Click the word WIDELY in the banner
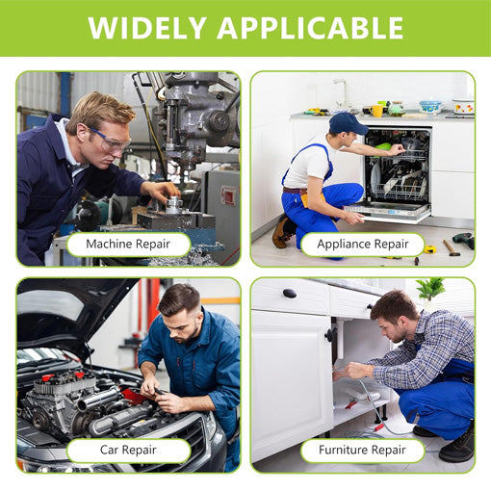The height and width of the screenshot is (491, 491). point(147,27)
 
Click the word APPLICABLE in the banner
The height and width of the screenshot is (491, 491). point(310,27)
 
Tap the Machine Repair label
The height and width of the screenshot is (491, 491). point(128,244)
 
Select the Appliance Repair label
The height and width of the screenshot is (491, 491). point(363,244)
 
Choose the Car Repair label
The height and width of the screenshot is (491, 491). point(128,450)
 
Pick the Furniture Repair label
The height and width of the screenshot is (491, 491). point(363,450)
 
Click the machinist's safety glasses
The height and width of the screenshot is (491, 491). point(111,141)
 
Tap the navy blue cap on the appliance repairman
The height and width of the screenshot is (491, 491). point(348,123)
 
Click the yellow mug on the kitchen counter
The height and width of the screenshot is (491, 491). point(376,111)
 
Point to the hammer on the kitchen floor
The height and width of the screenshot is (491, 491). point(452,247)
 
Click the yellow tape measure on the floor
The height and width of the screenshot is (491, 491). point(429,249)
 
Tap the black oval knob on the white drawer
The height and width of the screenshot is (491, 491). point(290,293)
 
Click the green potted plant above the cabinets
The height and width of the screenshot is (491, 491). point(430,289)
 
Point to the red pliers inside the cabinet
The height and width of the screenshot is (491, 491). point(352,403)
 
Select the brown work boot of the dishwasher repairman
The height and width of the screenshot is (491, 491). point(282,232)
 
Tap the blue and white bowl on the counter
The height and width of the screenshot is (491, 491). point(430,106)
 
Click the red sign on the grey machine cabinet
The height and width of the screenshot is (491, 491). point(229,195)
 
